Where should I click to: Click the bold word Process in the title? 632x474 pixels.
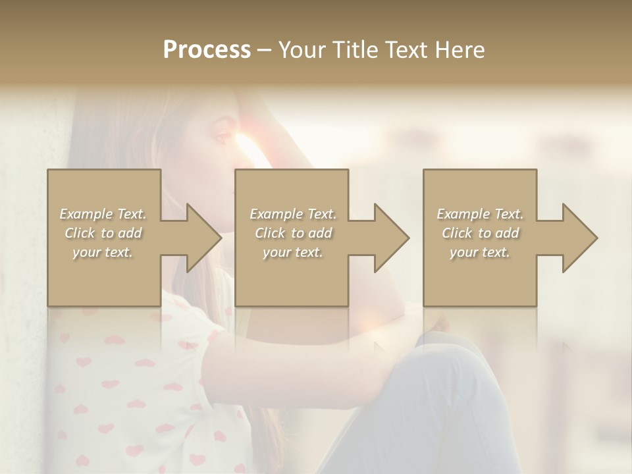click(x=207, y=49)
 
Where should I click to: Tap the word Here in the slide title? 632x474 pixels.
click(x=459, y=49)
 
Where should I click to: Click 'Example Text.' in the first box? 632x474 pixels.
click(x=103, y=214)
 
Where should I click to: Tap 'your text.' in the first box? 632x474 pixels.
click(x=103, y=252)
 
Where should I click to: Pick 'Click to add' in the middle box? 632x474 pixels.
click(x=293, y=233)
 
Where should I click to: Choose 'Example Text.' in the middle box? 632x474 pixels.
click(x=293, y=214)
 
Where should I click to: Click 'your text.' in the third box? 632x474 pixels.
click(x=480, y=252)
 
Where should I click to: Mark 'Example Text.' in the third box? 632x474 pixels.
click(x=480, y=214)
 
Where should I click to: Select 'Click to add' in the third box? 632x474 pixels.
click(x=480, y=233)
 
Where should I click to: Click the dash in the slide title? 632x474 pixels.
click(x=264, y=51)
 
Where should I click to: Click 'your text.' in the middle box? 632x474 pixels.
click(x=293, y=252)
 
